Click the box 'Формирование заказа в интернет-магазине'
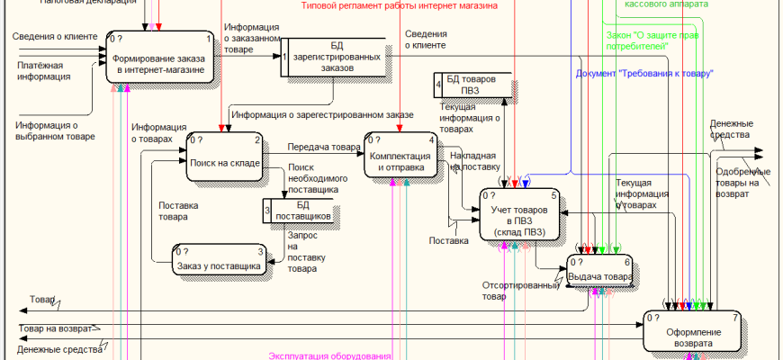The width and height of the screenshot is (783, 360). (161, 58)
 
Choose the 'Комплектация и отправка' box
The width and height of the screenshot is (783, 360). (400, 156)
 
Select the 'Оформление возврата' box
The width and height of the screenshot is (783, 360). (694, 331)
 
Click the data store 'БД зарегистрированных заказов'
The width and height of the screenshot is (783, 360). (335, 60)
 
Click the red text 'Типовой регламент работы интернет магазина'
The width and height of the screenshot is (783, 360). (400, 5)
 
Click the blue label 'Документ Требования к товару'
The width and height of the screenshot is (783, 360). (644, 73)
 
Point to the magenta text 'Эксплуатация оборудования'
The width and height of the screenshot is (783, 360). (330, 356)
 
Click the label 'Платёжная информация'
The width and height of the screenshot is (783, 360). (44, 71)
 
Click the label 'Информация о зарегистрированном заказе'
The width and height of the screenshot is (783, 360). (322, 115)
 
